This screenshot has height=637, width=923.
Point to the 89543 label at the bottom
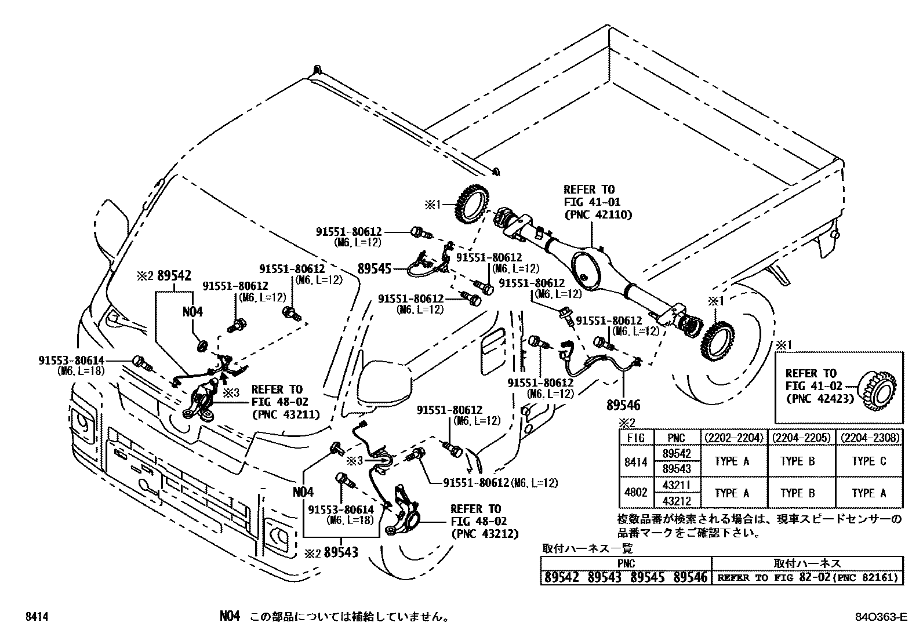click(341, 552)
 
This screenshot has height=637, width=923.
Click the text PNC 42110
click(598, 214)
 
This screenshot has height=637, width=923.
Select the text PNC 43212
click(484, 534)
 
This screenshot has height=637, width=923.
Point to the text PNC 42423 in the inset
click(819, 399)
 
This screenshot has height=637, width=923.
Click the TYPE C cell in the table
click(869, 461)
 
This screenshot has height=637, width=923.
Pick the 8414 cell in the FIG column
click(636, 461)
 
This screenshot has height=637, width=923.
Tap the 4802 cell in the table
click(636, 493)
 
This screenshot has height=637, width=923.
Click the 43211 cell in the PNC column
click(676, 485)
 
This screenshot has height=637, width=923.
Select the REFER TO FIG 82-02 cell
click(807, 577)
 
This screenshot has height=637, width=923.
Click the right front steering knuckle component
click(404, 510)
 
